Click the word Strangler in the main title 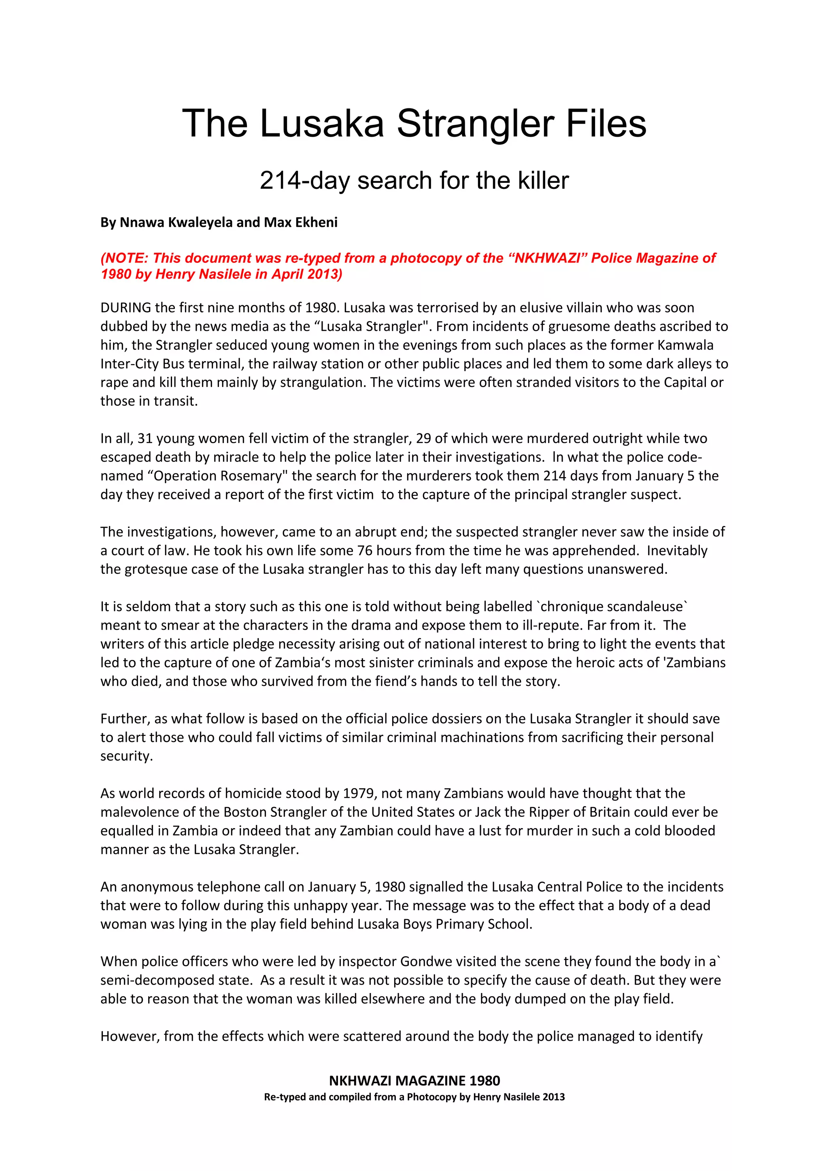476,124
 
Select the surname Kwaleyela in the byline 202,222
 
